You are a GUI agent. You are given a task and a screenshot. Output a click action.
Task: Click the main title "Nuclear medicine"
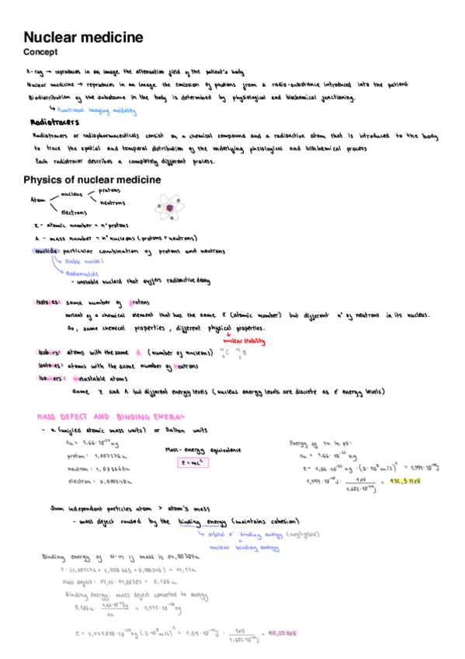click(x=83, y=37)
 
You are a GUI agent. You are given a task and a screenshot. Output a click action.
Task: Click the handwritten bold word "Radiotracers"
click(x=54, y=123)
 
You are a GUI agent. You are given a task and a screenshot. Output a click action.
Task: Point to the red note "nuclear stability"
click(x=243, y=340)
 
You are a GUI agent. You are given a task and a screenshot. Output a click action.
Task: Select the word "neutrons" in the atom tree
click(x=113, y=202)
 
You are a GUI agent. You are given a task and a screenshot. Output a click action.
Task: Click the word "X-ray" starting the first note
click(x=34, y=70)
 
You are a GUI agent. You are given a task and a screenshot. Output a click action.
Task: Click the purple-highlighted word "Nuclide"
click(x=47, y=251)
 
